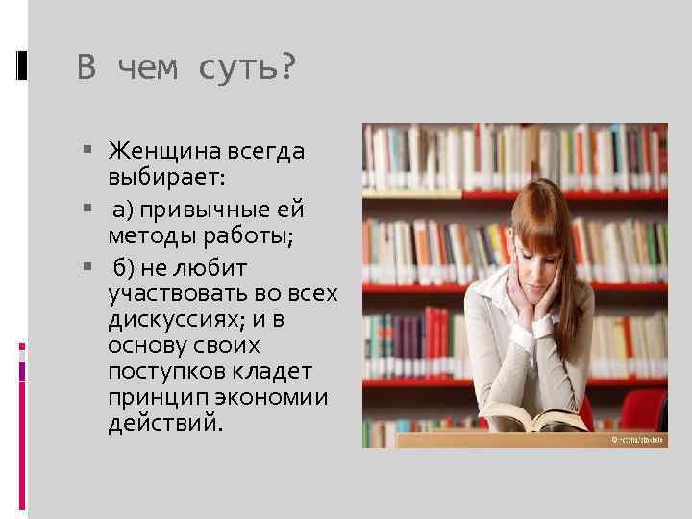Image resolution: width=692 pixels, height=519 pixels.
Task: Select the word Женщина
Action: click(165, 151)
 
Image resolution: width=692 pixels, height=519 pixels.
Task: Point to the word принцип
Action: click(153, 397)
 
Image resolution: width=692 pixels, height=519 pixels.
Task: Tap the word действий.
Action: click(165, 424)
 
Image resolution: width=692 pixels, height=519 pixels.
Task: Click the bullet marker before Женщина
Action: click(87, 151)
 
